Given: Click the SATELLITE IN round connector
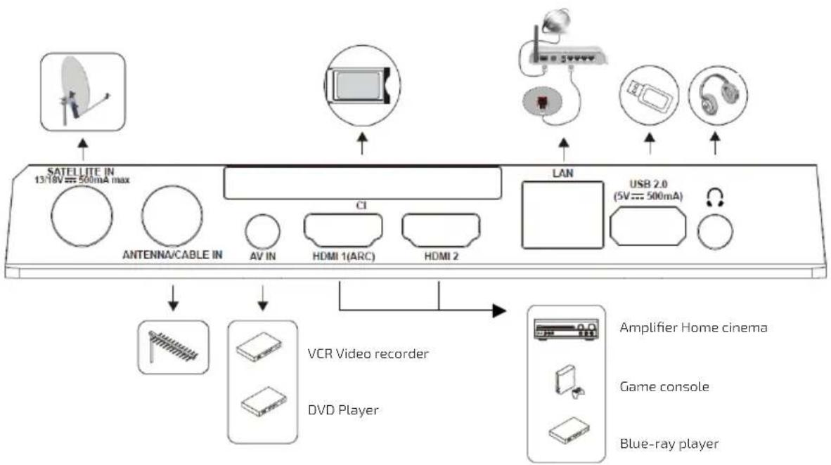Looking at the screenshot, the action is click(82, 216).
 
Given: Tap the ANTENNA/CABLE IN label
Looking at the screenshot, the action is click(172, 255).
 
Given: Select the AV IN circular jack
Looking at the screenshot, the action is click(262, 232).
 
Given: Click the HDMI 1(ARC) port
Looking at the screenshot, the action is click(343, 230).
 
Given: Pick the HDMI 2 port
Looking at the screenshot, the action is click(441, 230).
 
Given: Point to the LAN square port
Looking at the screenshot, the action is click(562, 215).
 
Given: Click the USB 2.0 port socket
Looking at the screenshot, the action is click(648, 226).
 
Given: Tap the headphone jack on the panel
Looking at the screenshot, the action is click(715, 232).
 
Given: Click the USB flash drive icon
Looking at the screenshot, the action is click(649, 95).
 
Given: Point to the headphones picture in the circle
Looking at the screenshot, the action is click(718, 95).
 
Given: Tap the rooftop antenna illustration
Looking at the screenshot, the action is click(173, 347).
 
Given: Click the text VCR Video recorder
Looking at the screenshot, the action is click(368, 354).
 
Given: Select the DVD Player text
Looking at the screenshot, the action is click(343, 410).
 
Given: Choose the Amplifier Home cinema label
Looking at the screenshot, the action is click(693, 327).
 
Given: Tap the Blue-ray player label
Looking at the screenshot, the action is click(669, 444).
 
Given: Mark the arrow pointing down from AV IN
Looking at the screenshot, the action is click(262, 298).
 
